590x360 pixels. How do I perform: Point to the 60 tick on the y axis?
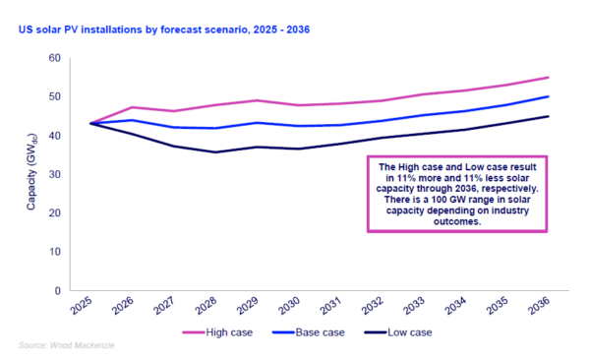[x=54, y=58]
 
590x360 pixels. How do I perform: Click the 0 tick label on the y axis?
[x=57, y=291]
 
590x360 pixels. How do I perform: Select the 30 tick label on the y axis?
[x=54, y=174]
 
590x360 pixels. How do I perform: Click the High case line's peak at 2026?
[x=132, y=107]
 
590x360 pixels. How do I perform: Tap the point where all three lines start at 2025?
[x=89, y=123]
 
